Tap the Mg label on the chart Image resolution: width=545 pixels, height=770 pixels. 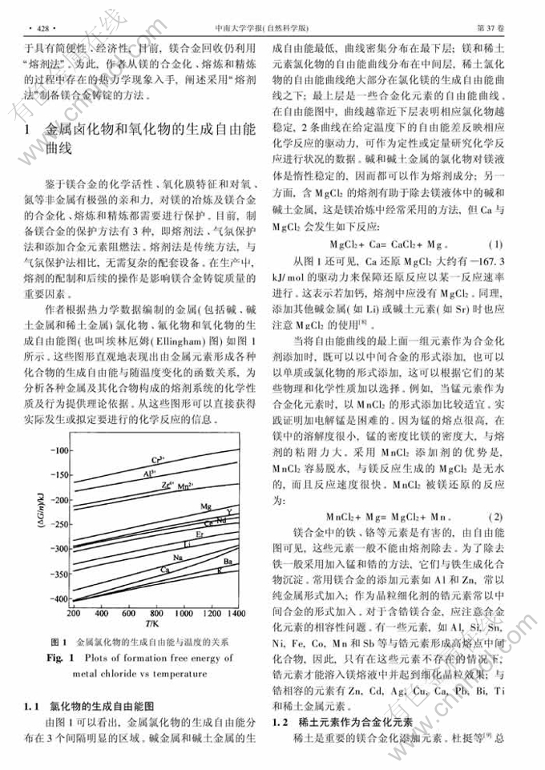pos(206,507)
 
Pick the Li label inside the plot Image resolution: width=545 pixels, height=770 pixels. pos(187,543)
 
